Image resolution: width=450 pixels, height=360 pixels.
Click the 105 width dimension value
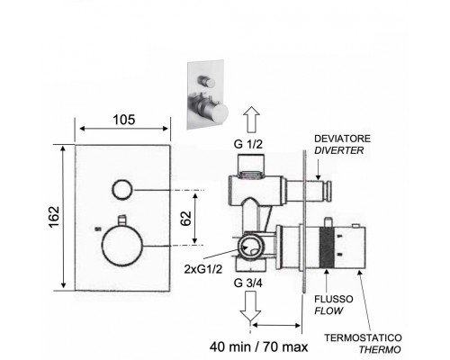tap(124, 120)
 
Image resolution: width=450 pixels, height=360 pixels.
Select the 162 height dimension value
tap(55, 217)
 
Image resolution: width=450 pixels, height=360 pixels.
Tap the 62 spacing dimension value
tap(186, 218)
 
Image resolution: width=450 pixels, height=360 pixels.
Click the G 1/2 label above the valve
tap(248, 144)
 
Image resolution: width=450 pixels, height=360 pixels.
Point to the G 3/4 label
tap(248, 283)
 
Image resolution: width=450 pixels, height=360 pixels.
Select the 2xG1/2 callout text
tap(203, 269)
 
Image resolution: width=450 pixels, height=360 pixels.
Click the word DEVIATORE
tap(342, 139)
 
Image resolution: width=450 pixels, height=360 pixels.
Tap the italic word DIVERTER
tap(339, 150)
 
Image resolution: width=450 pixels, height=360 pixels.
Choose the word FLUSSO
tap(334, 299)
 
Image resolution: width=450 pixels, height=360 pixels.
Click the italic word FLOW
tap(328, 310)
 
